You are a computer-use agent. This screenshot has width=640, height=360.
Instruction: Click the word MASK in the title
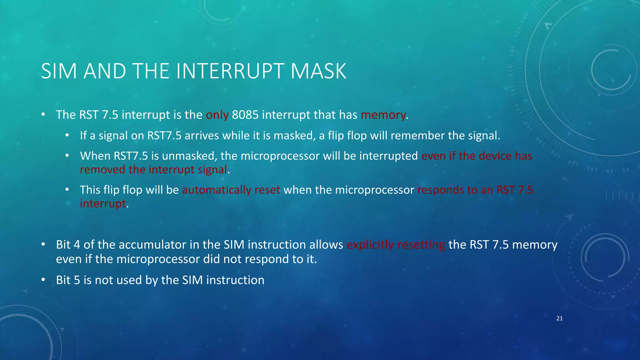(318, 71)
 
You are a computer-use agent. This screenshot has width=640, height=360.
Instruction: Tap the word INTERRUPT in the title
(231, 71)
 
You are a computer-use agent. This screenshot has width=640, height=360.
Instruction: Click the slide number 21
(559, 318)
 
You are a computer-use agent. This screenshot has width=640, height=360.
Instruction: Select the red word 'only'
(217, 115)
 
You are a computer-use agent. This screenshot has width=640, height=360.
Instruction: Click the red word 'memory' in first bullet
(383, 115)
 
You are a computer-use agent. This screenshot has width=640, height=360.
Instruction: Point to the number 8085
(245, 115)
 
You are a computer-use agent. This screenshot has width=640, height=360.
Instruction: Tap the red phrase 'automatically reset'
(231, 190)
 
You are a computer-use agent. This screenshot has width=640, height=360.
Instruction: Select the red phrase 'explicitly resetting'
(396, 245)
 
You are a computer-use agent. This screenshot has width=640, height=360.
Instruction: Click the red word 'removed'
(102, 170)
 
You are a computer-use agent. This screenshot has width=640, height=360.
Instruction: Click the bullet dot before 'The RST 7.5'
(43, 114)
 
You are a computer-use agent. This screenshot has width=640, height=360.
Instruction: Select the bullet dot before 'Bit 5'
(43, 280)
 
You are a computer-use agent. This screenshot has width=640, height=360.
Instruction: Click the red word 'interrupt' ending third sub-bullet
(102, 204)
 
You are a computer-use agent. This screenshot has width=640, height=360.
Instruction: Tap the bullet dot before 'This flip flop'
(67, 189)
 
